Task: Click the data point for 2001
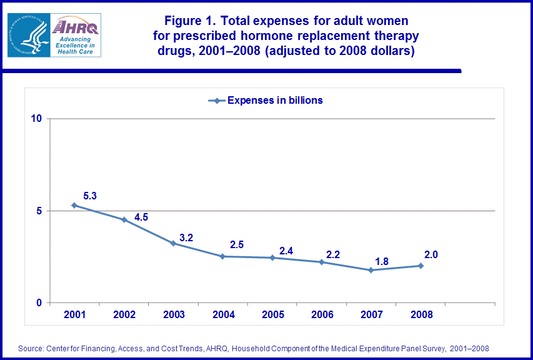click(x=74, y=205)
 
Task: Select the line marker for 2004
click(x=223, y=256)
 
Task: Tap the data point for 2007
click(x=371, y=270)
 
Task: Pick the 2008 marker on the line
click(x=421, y=266)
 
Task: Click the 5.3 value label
click(x=89, y=196)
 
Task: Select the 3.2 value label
click(x=186, y=237)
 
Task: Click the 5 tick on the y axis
click(x=38, y=211)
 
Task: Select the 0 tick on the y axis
click(x=38, y=303)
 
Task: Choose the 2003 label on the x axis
click(x=174, y=314)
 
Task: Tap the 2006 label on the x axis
click(x=322, y=314)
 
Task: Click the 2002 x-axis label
click(x=124, y=314)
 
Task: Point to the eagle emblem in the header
click(x=29, y=36)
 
